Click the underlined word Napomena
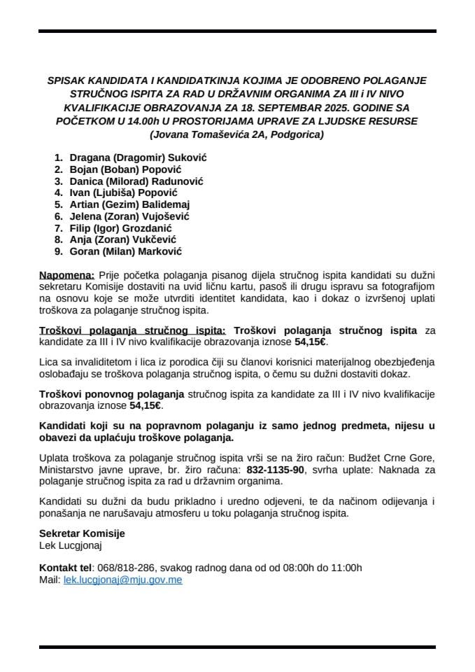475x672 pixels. coord(66,276)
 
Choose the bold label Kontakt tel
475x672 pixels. coord(66,568)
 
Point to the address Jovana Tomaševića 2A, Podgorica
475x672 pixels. coord(237,134)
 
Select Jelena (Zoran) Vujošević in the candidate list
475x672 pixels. coord(129,216)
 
